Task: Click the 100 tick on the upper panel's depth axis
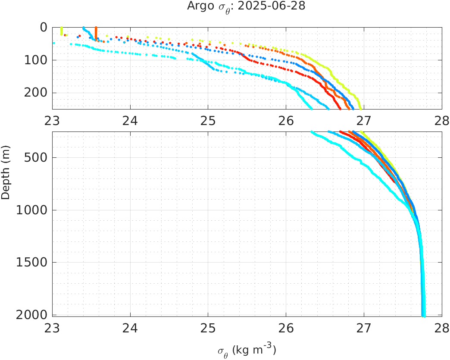[x=36, y=60]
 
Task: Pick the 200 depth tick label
[x=36, y=93]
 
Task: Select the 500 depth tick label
[x=36, y=158]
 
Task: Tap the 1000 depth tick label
[x=32, y=210]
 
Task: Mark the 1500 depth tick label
[x=32, y=263]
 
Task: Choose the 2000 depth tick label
[x=32, y=315]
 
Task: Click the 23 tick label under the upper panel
[x=53, y=120]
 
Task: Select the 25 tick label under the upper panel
[x=208, y=120]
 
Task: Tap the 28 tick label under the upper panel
[x=441, y=120]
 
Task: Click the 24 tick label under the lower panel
[x=130, y=329]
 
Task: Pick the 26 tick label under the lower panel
[x=286, y=329]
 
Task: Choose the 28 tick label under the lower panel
[x=441, y=329]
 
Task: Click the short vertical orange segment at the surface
[x=96, y=33]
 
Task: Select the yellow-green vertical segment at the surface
[x=62, y=31]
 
